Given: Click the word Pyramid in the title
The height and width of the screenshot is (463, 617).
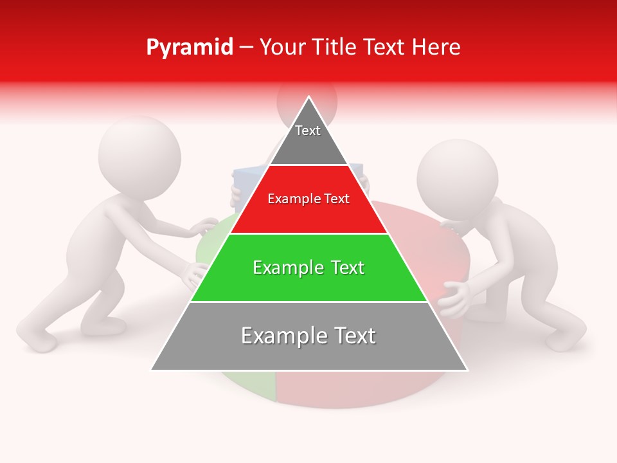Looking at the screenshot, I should [189, 48].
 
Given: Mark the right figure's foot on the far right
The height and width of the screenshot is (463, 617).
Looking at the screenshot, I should [566, 338].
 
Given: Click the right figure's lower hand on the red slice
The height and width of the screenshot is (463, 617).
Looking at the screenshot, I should [452, 299].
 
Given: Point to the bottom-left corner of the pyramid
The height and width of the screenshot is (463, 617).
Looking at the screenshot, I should [152, 369].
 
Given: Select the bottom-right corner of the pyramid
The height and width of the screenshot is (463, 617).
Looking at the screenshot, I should [467, 369].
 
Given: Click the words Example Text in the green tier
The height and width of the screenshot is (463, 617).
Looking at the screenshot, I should [308, 268].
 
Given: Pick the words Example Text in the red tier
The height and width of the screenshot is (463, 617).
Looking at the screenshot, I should [308, 199].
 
